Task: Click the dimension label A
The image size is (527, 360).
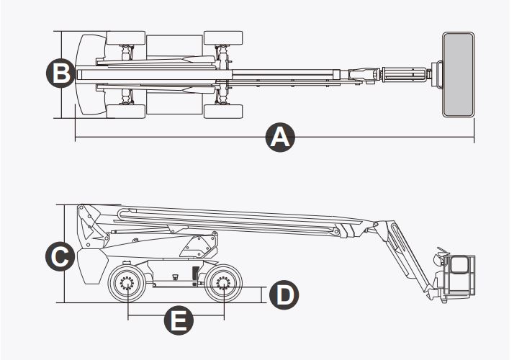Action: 279,137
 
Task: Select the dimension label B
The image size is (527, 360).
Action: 60,73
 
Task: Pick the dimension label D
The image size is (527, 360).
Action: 284,294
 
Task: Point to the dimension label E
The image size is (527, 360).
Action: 176,320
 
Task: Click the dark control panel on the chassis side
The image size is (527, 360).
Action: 194,274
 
